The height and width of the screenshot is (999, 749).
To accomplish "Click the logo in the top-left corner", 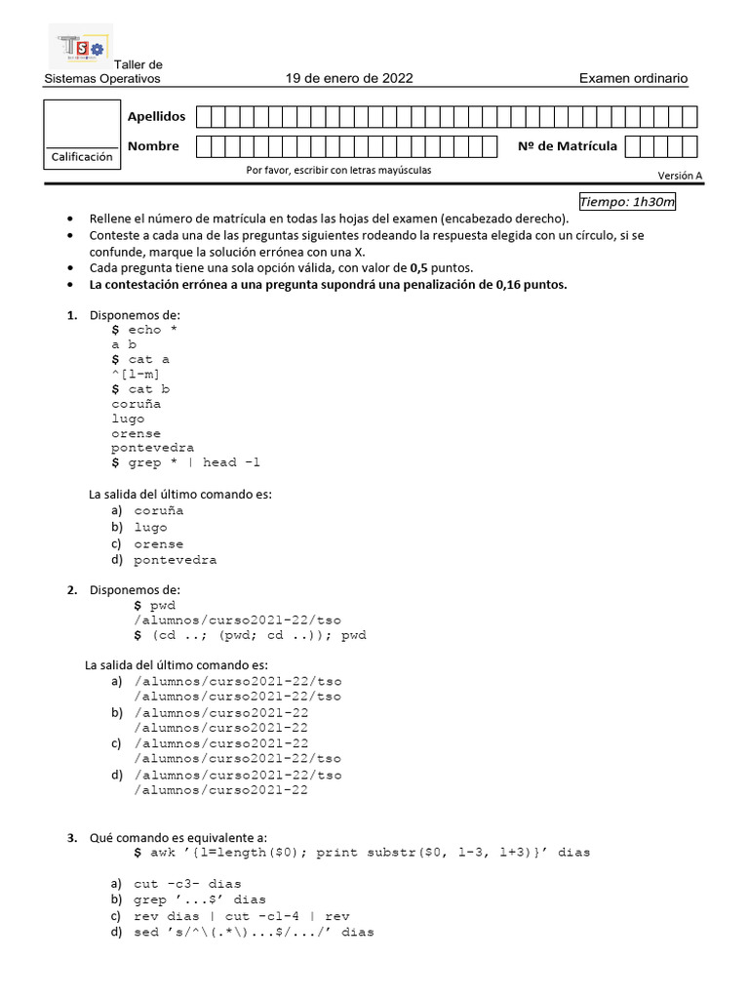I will pos(80,48).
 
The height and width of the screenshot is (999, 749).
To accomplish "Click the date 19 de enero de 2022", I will pos(349,79).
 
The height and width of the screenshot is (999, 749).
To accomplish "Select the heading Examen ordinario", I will pos(633,79).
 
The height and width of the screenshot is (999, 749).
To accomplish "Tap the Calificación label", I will pos(82,157).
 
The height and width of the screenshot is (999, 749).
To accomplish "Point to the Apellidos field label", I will pos(156,117).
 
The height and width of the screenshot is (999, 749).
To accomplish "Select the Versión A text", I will pos(680,176).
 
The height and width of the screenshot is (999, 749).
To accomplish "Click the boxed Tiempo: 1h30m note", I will pos(627,202).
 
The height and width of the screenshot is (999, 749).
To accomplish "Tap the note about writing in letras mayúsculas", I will pos(338,170).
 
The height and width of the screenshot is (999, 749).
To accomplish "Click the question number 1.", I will pos(71,315).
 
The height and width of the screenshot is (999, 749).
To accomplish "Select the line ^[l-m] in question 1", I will pos(137,374).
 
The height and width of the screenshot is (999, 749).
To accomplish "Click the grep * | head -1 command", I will pos(195,462).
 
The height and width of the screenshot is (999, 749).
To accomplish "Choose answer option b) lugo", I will pos(150,527).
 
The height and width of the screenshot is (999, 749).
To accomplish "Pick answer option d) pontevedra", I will pos(175,560).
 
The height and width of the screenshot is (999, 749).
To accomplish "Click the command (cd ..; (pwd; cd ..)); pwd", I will pos(258,635).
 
